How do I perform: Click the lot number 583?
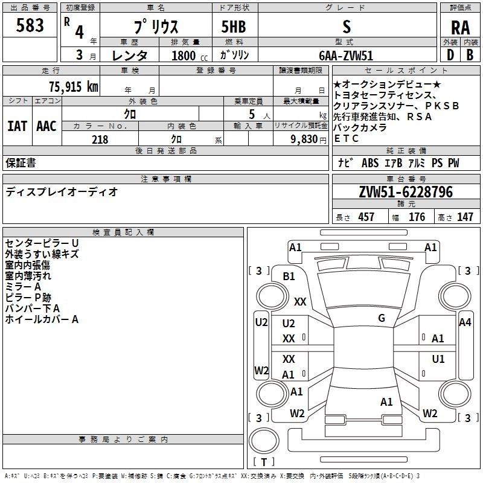[30, 25]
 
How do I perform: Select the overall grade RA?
[461, 28]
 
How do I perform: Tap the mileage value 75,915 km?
[74, 86]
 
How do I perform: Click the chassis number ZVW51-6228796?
[406, 192]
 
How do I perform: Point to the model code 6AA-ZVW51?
[346, 56]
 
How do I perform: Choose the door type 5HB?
[234, 27]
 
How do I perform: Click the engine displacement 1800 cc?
[190, 56]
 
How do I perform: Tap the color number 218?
[100, 139]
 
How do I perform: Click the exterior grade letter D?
[450, 55]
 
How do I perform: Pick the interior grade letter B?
[470, 55]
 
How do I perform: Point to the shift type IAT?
[18, 126]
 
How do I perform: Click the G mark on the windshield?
[382, 318]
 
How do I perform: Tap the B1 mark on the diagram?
[289, 277]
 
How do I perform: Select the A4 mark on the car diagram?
[465, 322]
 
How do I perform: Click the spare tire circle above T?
[264, 440]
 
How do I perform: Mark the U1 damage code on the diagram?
[438, 359]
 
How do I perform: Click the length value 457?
[366, 217]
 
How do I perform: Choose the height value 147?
[465, 217]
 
